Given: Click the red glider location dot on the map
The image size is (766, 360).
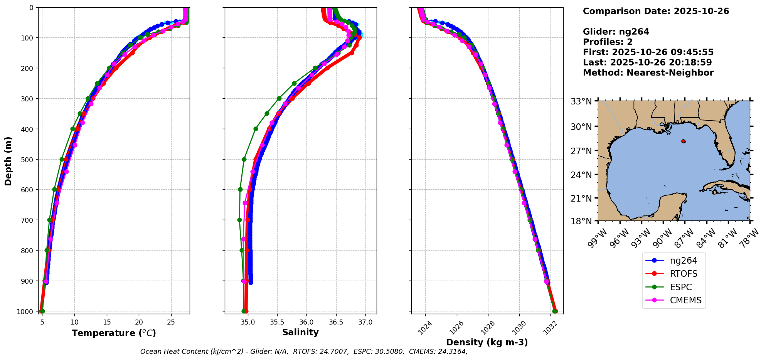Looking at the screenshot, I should click(x=684, y=141).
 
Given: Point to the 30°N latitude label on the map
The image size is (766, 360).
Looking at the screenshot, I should click(x=581, y=126).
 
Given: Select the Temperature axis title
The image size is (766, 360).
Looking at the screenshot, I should click(x=114, y=333).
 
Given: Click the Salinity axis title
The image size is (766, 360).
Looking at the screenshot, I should click(x=300, y=332).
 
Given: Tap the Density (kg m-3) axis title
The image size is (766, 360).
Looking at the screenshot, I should click(x=487, y=342).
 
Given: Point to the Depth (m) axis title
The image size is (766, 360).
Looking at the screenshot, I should click(x=8, y=161).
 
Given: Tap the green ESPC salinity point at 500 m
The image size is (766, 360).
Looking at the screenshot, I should click(x=244, y=159).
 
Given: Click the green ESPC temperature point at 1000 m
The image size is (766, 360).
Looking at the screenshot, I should click(x=42, y=311).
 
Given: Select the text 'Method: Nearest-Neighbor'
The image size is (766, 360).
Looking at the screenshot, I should click(x=648, y=73).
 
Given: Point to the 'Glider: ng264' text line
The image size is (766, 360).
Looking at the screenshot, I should click(x=616, y=32).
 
